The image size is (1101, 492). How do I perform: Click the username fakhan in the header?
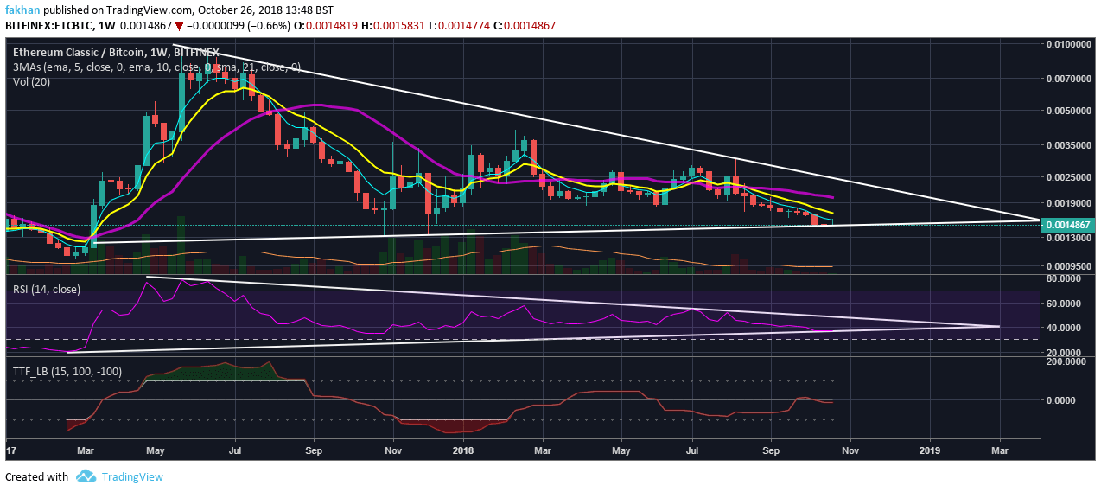[21, 9]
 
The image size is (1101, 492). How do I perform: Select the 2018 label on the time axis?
[463, 450]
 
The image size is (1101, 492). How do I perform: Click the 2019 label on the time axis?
[930, 450]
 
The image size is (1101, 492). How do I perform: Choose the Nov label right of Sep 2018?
[852, 450]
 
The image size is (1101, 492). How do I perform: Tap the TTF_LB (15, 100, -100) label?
[68, 371]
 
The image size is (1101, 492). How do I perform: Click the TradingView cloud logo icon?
[85, 476]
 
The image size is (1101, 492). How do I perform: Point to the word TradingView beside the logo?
[131, 476]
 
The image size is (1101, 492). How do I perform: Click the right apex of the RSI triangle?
[999, 326]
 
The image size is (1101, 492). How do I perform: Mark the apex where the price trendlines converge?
[1038, 220]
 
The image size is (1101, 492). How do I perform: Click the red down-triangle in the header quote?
[180, 26]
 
